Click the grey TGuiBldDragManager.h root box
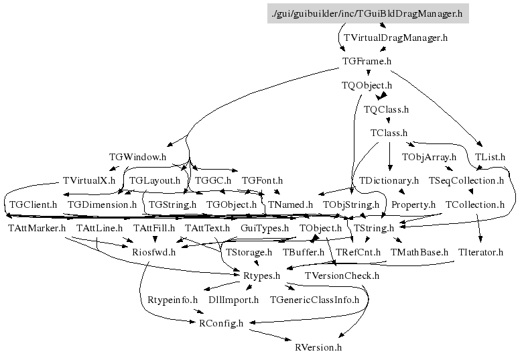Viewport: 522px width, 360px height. click(x=368, y=13)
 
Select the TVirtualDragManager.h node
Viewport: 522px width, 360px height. click(x=395, y=38)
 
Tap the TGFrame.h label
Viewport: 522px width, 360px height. click(x=367, y=61)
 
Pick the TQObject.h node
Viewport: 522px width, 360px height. click(x=367, y=86)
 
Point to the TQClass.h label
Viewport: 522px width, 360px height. click(x=386, y=109)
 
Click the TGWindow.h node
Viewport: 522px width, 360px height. click(x=137, y=157)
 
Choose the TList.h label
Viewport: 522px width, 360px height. click(x=490, y=157)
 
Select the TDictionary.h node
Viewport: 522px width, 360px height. click(x=389, y=180)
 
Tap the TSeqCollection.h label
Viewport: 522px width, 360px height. click(x=466, y=180)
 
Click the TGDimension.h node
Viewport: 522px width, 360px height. click(x=103, y=204)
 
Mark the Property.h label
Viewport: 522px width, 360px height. click(x=413, y=204)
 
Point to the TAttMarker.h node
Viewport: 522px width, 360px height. click(x=37, y=228)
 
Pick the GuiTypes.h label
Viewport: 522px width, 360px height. click(x=265, y=228)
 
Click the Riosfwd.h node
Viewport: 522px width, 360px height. click(x=154, y=252)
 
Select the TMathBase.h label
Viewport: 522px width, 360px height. click(x=419, y=252)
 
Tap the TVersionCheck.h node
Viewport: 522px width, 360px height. click(x=342, y=276)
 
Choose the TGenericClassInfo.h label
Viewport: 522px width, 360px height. click(x=314, y=300)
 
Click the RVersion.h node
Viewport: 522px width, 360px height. click(x=318, y=347)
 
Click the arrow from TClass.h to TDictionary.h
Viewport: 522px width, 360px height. click(x=390, y=156)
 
